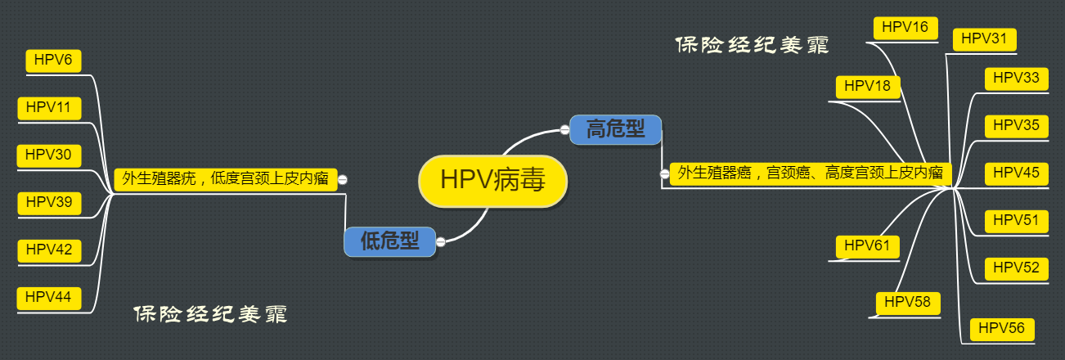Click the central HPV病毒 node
click(x=492, y=180)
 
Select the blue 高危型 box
click(x=615, y=129)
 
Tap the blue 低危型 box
click(x=389, y=241)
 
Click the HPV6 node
click(x=54, y=61)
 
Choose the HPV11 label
click(x=47, y=108)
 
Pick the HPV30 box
click(x=47, y=155)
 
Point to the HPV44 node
click(x=47, y=298)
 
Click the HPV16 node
click(x=905, y=28)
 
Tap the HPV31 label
click(x=984, y=39)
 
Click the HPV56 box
click(x=1001, y=329)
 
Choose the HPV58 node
click(x=908, y=303)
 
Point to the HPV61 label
click(x=867, y=245)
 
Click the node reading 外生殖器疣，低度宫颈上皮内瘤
click(x=225, y=179)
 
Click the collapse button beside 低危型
click(x=441, y=241)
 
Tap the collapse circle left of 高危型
click(x=564, y=129)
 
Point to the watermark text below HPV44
click(x=210, y=314)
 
